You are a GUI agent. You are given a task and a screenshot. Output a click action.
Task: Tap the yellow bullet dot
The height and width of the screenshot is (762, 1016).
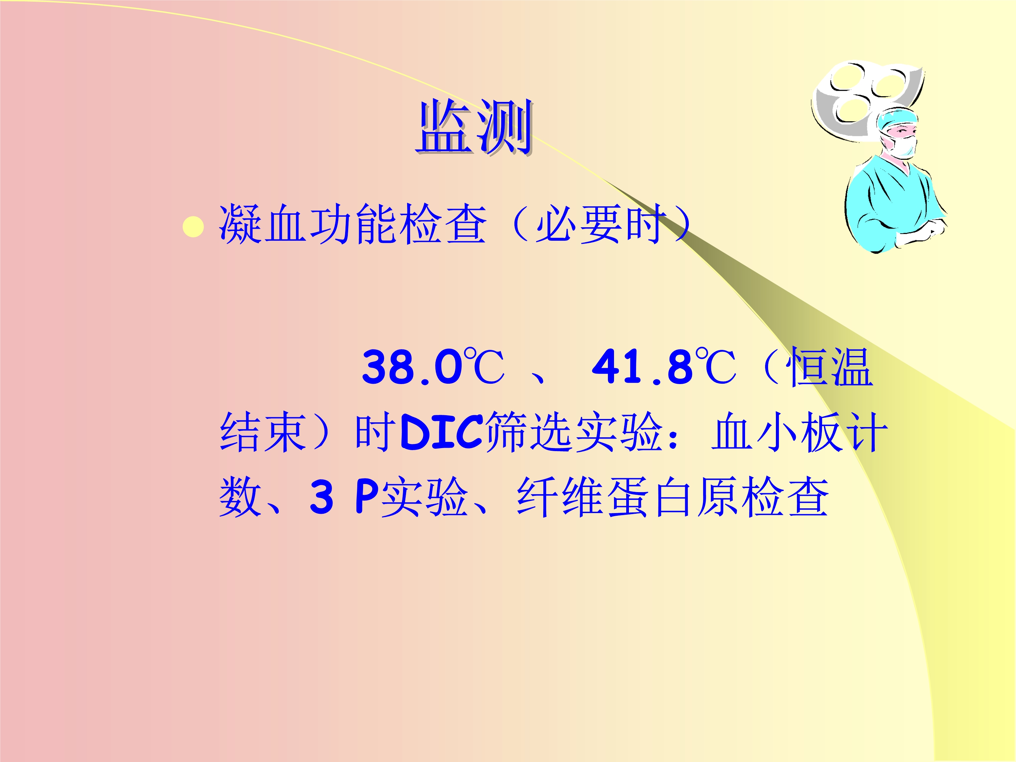193,227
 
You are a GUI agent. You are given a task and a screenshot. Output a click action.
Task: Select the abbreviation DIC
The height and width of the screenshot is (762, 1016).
441,432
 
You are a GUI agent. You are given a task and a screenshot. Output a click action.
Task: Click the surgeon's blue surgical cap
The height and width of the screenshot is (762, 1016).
897,119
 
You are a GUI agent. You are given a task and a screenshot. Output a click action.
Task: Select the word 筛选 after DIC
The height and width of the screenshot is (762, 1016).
528,432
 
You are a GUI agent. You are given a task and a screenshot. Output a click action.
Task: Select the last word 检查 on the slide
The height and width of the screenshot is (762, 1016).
785,496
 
